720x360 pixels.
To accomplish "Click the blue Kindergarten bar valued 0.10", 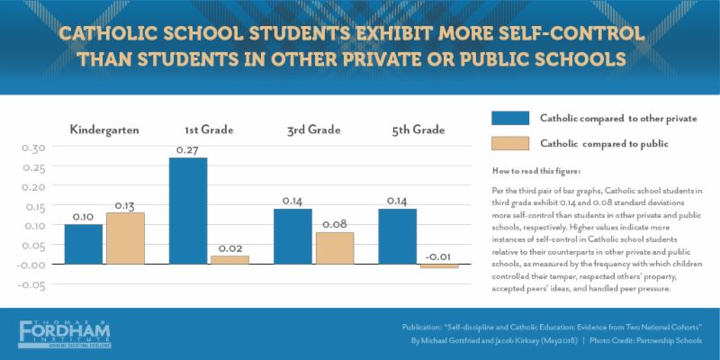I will coord(84,244).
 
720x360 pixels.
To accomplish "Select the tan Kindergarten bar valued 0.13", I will coord(125,238).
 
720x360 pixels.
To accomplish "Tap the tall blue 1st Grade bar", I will coord(188,211).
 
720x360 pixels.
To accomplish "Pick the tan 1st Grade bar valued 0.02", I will coord(229,259).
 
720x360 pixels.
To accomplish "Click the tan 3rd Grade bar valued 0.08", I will coord(335,247).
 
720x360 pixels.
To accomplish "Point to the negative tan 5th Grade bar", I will coord(439,266).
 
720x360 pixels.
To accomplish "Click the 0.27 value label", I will coord(188,150).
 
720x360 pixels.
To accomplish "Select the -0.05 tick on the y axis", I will coord(32,284).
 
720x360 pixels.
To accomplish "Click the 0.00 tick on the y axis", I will coord(32,265).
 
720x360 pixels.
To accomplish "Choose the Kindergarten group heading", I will coord(104,130).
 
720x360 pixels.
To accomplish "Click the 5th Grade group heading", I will coord(418,130).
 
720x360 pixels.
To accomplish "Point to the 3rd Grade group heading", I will coord(313,130).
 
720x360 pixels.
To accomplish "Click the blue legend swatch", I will coord(510,118).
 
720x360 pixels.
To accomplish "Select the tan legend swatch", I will coord(510,143).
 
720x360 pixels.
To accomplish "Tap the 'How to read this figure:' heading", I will coord(536,171).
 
